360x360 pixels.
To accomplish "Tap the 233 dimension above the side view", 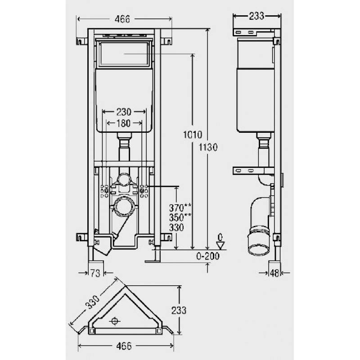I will [256, 16].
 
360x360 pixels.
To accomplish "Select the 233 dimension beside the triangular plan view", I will [179, 310].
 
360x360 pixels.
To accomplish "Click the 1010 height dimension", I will [193, 134].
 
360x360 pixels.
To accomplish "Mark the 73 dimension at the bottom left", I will [94, 273].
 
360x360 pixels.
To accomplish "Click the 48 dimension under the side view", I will [274, 273].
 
